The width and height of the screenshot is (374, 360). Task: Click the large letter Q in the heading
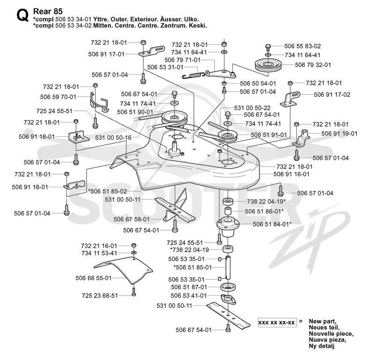(22, 15)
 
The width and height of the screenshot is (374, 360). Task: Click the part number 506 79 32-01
(313, 65)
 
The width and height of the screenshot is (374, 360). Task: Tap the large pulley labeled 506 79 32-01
(268, 64)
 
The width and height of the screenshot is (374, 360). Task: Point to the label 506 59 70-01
(58, 97)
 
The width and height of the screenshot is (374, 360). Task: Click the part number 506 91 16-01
(291, 174)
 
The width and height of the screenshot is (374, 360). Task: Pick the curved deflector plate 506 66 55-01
(123, 270)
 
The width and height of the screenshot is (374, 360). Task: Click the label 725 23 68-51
(100, 296)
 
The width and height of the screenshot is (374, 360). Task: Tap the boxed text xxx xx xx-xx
(277, 323)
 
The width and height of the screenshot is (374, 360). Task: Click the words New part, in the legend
(323, 321)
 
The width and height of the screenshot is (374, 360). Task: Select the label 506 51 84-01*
(272, 224)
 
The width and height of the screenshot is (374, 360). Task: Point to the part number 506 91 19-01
(339, 134)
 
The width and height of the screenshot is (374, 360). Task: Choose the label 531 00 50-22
(252, 108)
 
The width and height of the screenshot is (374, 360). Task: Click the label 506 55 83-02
(302, 46)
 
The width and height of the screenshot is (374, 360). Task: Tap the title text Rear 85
(48, 11)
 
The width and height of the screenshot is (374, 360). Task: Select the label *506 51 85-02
(108, 191)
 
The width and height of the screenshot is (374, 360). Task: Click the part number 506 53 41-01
(189, 296)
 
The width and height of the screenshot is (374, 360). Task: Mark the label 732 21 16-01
(99, 246)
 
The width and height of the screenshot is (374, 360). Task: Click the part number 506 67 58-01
(131, 219)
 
